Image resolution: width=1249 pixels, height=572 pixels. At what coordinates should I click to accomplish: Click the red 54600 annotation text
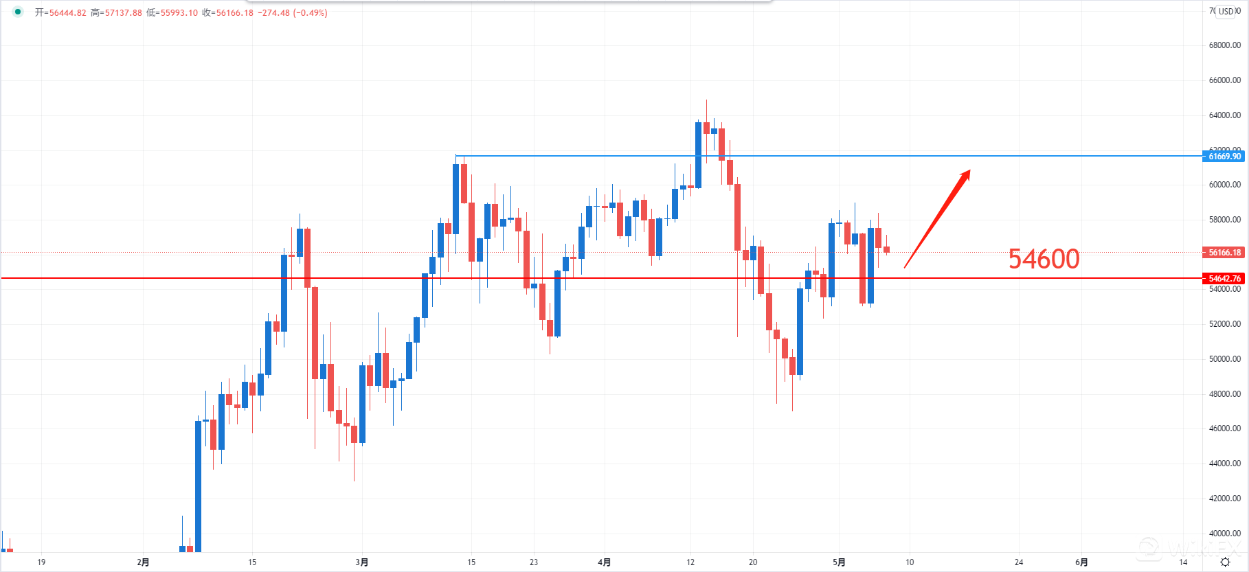pos(1044,259)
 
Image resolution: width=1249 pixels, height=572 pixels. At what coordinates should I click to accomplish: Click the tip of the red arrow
pos(969,171)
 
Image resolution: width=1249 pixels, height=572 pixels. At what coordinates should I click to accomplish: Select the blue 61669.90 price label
pos(1225,157)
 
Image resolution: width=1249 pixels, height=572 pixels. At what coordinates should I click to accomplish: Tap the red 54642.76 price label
pos(1225,278)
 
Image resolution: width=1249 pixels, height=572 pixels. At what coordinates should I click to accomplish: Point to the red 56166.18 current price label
pos(1225,253)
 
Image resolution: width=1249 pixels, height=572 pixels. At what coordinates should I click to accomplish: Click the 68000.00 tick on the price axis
pos(1225,45)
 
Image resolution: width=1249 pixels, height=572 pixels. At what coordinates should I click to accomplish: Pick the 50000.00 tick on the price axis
pos(1225,359)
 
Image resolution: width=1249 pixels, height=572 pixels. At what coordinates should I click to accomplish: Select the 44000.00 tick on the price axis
pos(1225,464)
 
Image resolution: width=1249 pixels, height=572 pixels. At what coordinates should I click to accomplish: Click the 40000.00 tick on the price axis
pos(1225,534)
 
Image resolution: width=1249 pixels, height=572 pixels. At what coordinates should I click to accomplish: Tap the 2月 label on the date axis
pos(143,562)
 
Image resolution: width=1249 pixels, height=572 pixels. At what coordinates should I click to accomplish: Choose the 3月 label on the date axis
pos(362,562)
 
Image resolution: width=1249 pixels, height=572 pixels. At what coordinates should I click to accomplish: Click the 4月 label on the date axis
pos(604,562)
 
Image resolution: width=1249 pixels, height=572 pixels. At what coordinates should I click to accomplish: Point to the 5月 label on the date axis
pos(839,562)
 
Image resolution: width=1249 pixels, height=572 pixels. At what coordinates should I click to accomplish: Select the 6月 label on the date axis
pos(1081,562)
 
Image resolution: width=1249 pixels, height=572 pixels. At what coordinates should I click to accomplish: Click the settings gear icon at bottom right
pos(1225,562)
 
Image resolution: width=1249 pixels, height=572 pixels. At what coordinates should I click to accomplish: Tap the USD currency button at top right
pos(1226,11)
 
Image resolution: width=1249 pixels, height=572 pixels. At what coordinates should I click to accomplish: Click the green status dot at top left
pos(18,12)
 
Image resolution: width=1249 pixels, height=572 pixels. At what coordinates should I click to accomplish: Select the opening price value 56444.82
pos(67,13)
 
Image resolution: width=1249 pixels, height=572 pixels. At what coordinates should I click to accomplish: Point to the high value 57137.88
pos(123,13)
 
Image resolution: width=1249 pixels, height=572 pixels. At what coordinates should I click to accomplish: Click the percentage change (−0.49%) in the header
pos(310,13)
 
